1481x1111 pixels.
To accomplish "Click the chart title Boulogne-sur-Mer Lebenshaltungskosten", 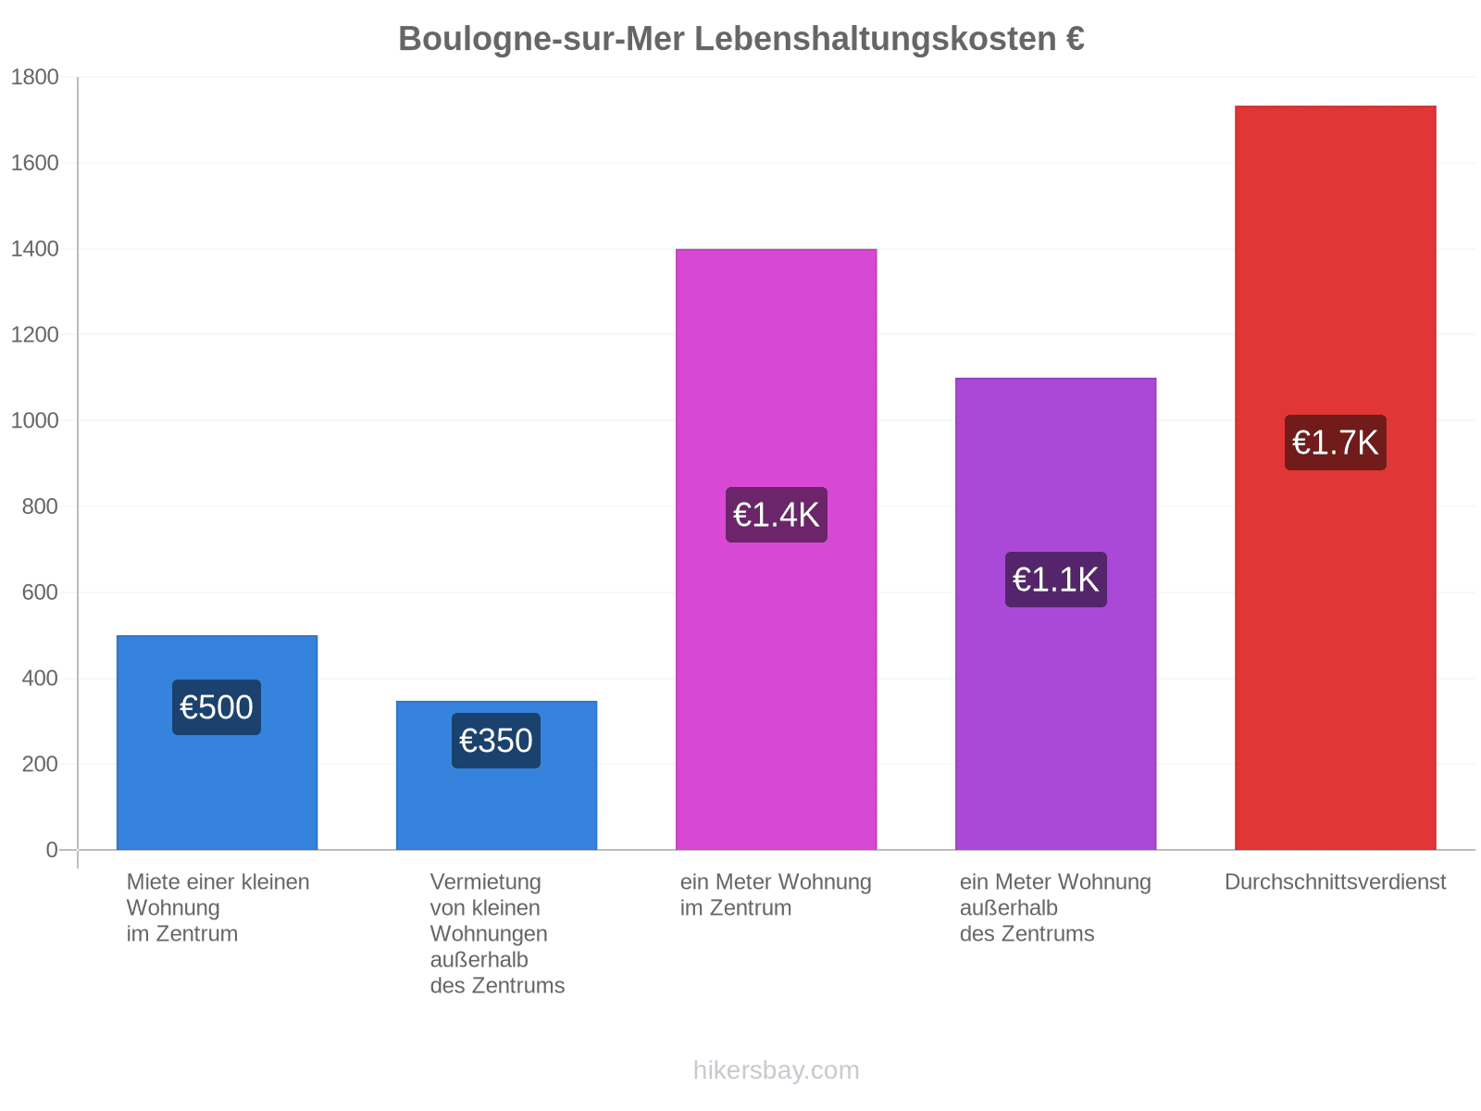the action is pyautogui.click(x=726, y=39).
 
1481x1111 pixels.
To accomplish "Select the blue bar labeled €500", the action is pyautogui.click(x=217, y=741).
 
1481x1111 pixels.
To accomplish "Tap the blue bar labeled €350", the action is pyautogui.click(x=495, y=774).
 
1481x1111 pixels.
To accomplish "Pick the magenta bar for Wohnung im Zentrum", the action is pyautogui.click(x=775, y=548).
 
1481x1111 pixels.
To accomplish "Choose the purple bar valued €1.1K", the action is pyautogui.click(x=1054, y=613).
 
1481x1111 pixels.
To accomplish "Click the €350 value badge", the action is pyautogui.click(x=495, y=740).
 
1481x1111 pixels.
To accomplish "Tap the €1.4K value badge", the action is pyautogui.click(x=775, y=514).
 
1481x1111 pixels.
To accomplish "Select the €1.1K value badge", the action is pyautogui.click(x=1054, y=579).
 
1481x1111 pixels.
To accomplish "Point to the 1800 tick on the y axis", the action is pyautogui.click(x=34, y=77).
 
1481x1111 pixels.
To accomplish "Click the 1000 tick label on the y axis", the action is pyautogui.click(x=34, y=420).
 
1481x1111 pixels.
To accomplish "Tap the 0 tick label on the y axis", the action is pyautogui.click(x=52, y=849).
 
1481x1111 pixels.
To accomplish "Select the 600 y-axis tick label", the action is pyautogui.click(x=40, y=592).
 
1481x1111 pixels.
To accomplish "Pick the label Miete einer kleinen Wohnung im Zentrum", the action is pyautogui.click(x=218, y=906).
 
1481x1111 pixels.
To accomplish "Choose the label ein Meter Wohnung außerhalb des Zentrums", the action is pyautogui.click(x=1053, y=906).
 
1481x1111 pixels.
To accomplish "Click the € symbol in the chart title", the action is pyautogui.click(x=1073, y=39).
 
